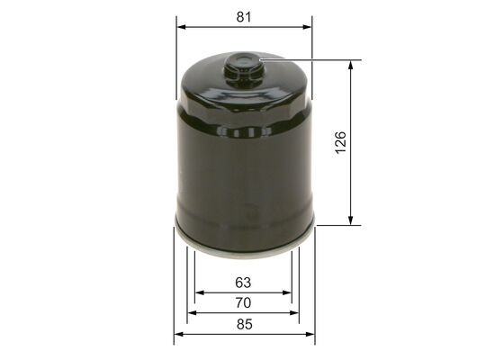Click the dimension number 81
click(x=244, y=16)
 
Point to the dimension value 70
click(x=243, y=303)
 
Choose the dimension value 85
click(x=243, y=325)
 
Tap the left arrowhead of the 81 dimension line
click(x=179, y=27)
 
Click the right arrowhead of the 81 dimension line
click(x=310, y=27)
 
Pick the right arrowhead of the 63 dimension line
click(x=289, y=292)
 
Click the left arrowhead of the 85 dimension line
click(x=177, y=335)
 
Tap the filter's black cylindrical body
click(x=244, y=171)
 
